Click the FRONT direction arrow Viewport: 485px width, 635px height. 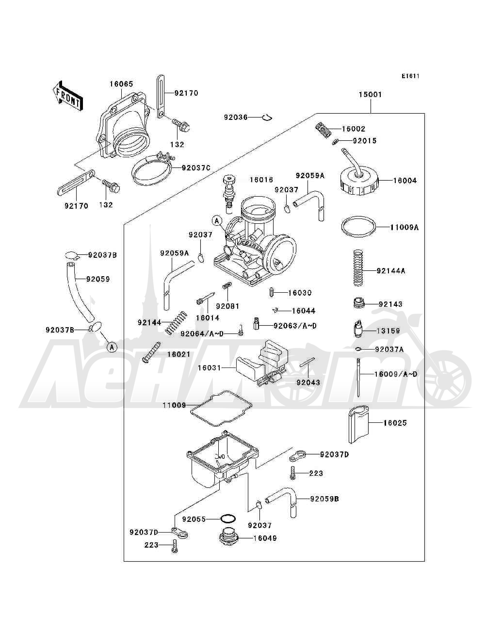pos(68,96)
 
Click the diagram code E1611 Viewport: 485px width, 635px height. pos(410,76)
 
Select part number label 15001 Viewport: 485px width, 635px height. pos(370,95)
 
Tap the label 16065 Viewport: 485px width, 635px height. pos(121,84)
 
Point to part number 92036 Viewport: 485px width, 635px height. pos(236,117)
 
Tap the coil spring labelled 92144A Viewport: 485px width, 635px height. pos(358,268)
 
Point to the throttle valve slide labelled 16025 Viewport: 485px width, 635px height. pos(359,424)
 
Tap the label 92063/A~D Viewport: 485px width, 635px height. pos(295,326)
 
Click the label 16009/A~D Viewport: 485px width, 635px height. pos(396,374)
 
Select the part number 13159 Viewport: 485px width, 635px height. pos(388,331)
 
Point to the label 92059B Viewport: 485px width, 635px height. pos(324,499)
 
